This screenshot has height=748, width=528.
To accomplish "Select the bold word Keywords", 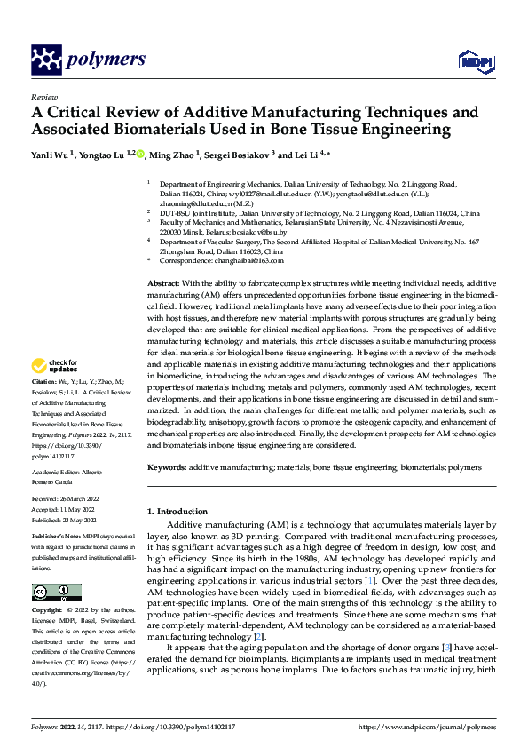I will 167,466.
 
